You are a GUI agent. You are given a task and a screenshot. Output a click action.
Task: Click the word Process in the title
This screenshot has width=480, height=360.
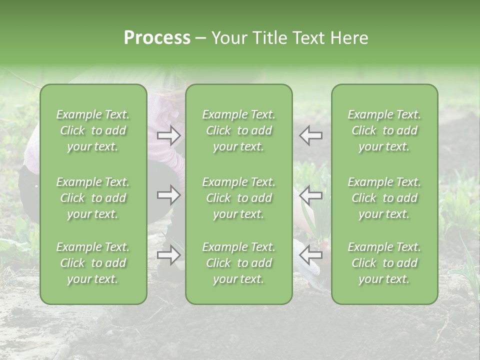(x=157, y=38)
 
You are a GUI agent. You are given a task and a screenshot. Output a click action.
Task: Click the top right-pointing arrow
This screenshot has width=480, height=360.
(x=169, y=135)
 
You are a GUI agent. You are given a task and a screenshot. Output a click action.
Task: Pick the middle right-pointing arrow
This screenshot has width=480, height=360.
(x=169, y=195)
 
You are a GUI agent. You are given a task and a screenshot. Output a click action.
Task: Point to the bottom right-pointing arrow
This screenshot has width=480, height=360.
(x=169, y=255)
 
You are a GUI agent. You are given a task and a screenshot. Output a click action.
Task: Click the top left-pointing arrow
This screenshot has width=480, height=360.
(x=311, y=135)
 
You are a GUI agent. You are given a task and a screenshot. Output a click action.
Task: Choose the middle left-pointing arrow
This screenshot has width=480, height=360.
(x=311, y=195)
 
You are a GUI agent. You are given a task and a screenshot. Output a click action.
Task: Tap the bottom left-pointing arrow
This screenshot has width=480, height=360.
(x=311, y=255)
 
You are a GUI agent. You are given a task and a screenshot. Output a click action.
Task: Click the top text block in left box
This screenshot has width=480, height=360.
(x=93, y=130)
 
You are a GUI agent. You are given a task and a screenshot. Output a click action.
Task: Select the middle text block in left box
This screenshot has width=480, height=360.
(x=93, y=198)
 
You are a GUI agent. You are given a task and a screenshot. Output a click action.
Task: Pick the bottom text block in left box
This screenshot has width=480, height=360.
(x=93, y=263)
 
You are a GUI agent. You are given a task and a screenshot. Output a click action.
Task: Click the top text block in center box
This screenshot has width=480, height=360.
(x=239, y=130)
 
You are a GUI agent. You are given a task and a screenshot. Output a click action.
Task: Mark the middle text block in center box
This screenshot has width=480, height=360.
(x=239, y=198)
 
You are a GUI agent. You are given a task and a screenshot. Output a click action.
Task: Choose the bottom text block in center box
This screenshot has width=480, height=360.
(x=239, y=263)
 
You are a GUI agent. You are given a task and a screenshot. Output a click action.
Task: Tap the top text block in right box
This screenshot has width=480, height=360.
(x=384, y=130)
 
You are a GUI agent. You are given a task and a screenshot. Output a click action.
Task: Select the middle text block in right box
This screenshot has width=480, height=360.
(x=384, y=198)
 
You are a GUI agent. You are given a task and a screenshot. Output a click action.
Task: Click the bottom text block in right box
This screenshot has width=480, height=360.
(x=384, y=263)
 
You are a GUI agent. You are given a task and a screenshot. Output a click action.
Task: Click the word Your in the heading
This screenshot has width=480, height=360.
(x=229, y=38)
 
